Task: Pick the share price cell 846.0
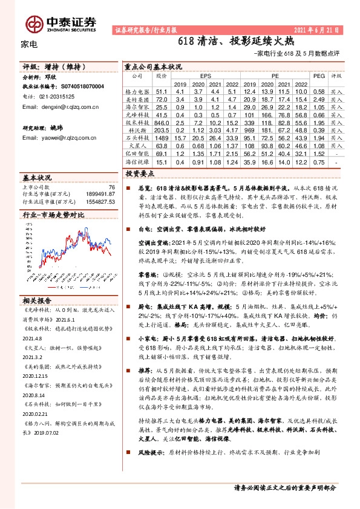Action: [161, 122]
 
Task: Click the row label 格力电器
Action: [137, 91]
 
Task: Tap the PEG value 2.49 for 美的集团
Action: [319, 99]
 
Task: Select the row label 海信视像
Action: [137, 162]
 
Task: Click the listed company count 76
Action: [111, 187]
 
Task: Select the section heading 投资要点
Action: [140, 173]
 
